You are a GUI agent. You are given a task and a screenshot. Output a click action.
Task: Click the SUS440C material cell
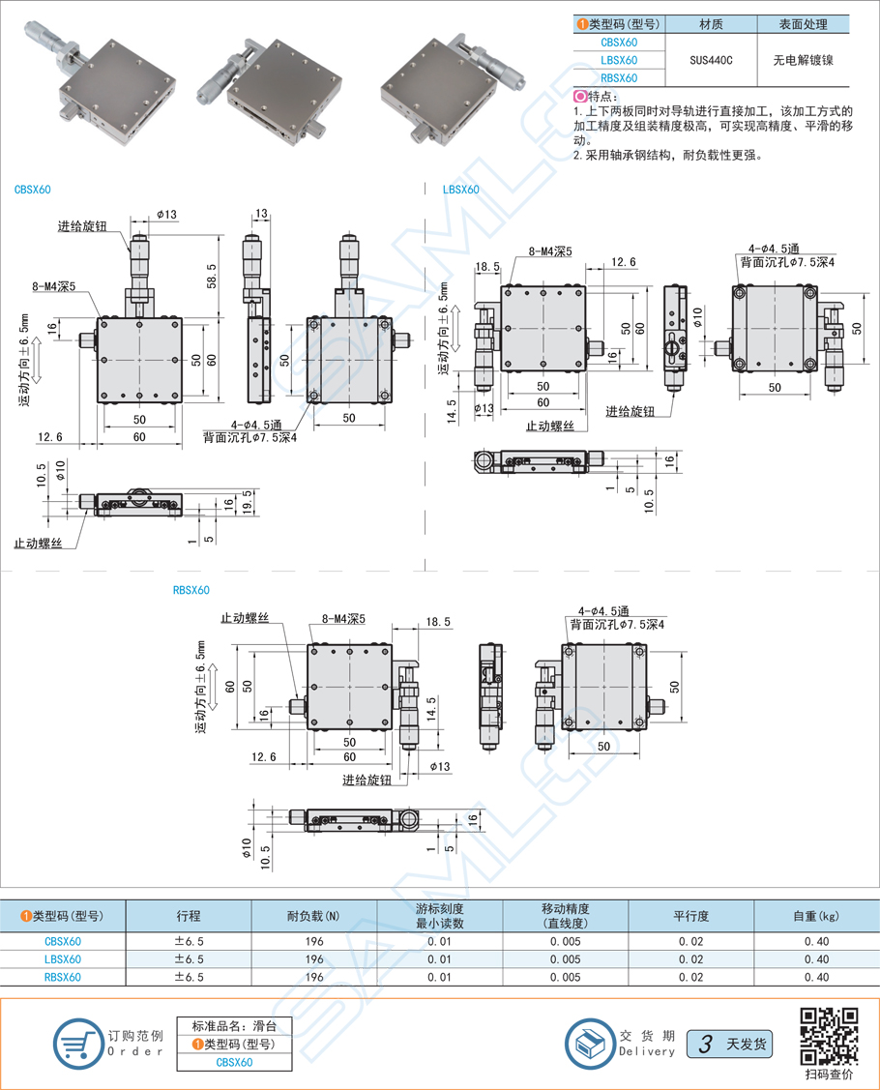click(x=711, y=60)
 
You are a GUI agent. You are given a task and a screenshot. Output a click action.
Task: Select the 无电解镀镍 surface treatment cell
click(x=803, y=60)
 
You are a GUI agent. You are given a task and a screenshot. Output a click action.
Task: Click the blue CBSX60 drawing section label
click(x=33, y=191)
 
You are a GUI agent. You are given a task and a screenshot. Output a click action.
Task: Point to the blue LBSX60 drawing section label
click(x=460, y=191)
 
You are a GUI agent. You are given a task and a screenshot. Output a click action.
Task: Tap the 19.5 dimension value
click(x=248, y=504)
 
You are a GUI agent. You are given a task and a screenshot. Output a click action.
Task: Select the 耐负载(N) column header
click(x=313, y=916)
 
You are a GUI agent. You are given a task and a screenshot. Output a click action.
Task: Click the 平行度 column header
click(x=690, y=916)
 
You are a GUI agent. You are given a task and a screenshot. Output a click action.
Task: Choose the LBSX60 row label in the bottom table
click(x=63, y=958)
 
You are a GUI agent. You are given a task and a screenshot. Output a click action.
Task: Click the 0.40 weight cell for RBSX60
click(x=816, y=977)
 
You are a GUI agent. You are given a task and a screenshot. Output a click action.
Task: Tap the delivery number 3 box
click(x=706, y=1045)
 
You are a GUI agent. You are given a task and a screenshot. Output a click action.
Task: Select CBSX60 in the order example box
click(x=234, y=1062)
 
